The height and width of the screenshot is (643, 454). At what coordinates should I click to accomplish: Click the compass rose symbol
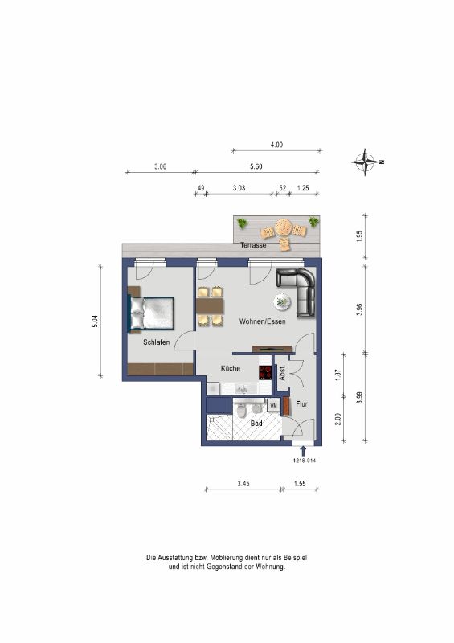pyautogui.click(x=365, y=162)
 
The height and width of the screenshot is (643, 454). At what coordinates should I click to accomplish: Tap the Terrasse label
pyautogui.click(x=253, y=245)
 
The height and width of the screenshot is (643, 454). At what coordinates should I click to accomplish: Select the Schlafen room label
pyautogui.click(x=156, y=342)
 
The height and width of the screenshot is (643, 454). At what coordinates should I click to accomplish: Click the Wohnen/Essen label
pyautogui.click(x=262, y=321)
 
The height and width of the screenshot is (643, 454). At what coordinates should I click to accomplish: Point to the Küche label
pyautogui.click(x=231, y=369)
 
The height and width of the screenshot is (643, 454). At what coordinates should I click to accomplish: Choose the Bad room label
pyautogui.click(x=256, y=424)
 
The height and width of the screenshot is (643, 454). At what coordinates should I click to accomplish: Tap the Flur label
pyautogui.click(x=301, y=404)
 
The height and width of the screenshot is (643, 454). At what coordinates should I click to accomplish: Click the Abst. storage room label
pyautogui.click(x=282, y=373)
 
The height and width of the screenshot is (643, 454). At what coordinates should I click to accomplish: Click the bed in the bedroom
pyautogui.click(x=151, y=313)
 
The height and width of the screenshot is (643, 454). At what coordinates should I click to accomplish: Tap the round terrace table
pyautogui.click(x=283, y=227)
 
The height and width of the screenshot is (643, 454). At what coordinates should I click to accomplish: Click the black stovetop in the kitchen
pyautogui.click(x=265, y=372)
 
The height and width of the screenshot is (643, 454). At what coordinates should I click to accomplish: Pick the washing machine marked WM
pyautogui.click(x=273, y=405)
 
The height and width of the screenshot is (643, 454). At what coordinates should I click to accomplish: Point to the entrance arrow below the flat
pyautogui.click(x=303, y=451)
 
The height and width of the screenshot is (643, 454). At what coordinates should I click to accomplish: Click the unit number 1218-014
pyautogui.click(x=305, y=461)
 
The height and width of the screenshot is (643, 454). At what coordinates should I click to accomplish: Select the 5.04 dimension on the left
pyautogui.click(x=95, y=321)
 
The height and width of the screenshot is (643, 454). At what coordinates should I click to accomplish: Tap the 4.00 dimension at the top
pyautogui.click(x=276, y=145)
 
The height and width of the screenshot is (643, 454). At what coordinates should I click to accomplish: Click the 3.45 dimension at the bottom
pyautogui.click(x=243, y=484)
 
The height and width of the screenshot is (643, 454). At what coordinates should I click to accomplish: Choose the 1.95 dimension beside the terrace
pyautogui.click(x=360, y=236)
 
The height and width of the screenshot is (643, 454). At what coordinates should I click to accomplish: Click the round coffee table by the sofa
pyautogui.click(x=283, y=302)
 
